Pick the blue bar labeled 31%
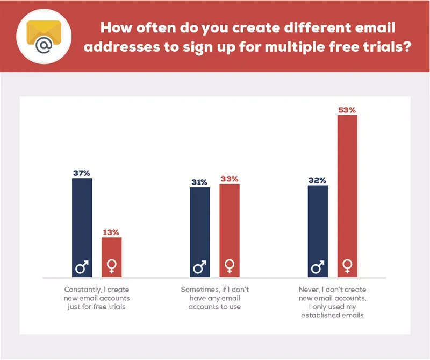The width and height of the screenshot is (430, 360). [199, 226]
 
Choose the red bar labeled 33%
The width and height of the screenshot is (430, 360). [229, 223]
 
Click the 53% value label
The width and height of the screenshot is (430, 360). [347, 110]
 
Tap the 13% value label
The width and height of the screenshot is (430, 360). [112, 232]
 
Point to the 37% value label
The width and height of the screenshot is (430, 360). [82, 173]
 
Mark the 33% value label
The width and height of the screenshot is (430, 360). [229, 179]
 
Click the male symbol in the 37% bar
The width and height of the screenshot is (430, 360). [82, 266]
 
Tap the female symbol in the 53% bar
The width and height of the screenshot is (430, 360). [347, 266]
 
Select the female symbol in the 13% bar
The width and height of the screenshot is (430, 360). [112, 266]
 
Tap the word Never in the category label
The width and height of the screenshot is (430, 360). [308, 290]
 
